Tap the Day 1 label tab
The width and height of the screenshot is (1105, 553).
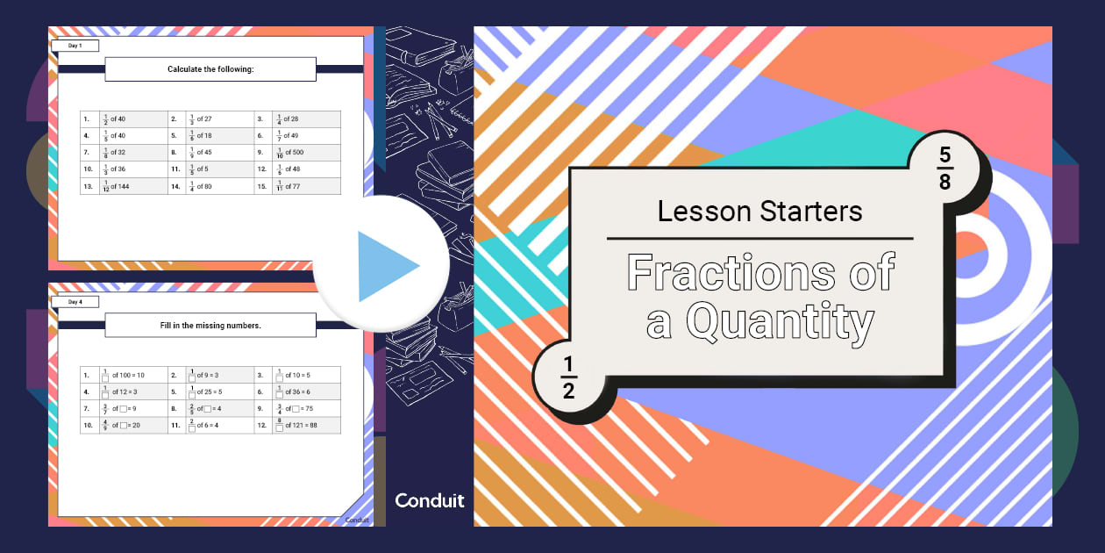point(75,46)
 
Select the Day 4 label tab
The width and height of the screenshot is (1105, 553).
point(75,302)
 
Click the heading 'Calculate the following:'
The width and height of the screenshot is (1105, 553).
point(210,69)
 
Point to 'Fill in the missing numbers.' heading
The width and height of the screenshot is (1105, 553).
point(210,326)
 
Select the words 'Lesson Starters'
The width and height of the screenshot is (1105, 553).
point(759,211)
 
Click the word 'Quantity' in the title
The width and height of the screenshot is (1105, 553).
point(781,322)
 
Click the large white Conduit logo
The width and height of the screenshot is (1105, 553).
point(430,500)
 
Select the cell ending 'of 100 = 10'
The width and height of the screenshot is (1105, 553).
point(122,375)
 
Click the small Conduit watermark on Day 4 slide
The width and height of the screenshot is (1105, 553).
point(354,520)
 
